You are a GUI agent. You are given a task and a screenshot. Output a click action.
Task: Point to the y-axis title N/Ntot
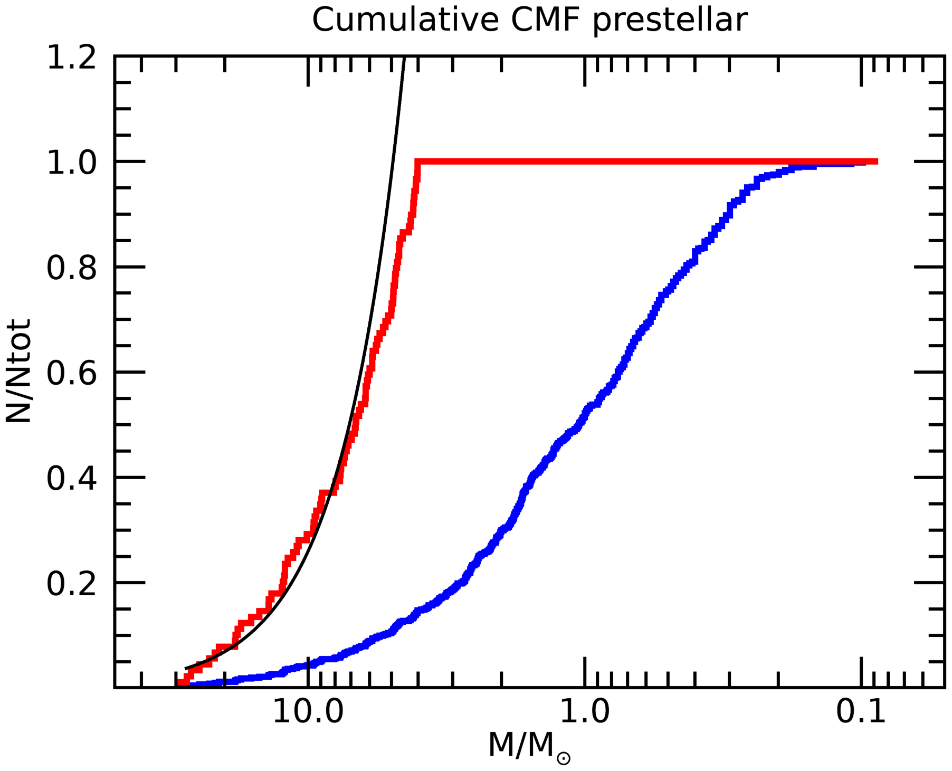(x=19, y=371)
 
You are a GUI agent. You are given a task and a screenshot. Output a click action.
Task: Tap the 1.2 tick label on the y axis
(x=72, y=57)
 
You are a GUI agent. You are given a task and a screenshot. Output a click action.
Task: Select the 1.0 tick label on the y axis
(x=72, y=162)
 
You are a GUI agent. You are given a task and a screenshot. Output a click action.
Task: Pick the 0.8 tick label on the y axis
(x=72, y=268)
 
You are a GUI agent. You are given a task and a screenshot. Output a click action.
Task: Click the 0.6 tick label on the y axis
(x=72, y=373)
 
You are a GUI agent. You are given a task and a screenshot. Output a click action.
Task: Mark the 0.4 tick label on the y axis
(x=72, y=478)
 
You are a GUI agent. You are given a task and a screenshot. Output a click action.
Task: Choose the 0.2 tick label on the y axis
(x=72, y=584)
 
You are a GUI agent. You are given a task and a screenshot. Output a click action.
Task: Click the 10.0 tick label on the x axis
(x=308, y=711)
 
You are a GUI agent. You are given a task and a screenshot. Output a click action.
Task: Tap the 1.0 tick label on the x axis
(x=584, y=711)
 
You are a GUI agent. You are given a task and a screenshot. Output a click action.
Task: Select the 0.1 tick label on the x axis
(x=861, y=711)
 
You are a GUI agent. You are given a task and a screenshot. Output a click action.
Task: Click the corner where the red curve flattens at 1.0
(x=417, y=161)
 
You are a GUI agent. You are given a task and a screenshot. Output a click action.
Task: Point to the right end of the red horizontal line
(x=877, y=161)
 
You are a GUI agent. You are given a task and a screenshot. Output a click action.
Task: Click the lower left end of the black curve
(x=186, y=669)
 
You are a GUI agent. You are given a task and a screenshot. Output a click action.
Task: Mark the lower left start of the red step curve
(x=179, y=683)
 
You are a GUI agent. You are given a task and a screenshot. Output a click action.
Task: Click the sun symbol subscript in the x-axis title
(x=564, y=759)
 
